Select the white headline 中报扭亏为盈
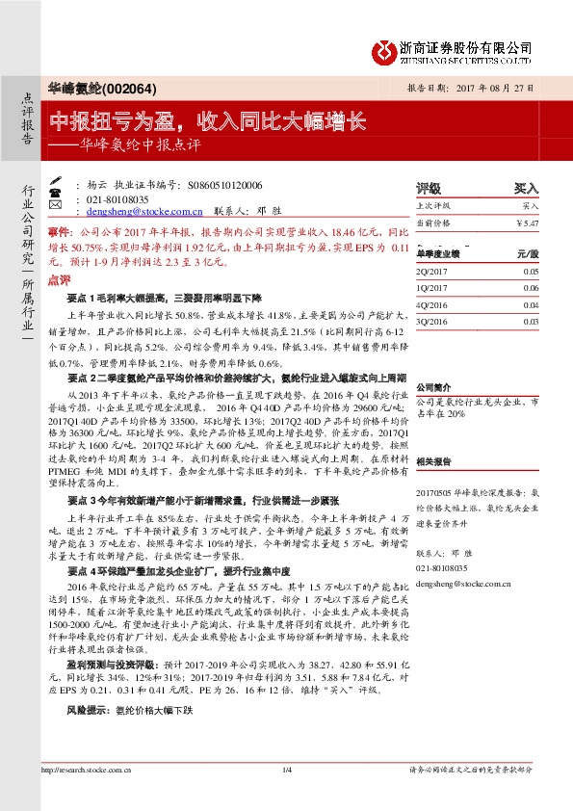pos(118,121)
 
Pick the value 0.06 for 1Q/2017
pos(532,287)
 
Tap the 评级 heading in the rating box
pos(430,189)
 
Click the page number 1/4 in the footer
pos(286,796)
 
